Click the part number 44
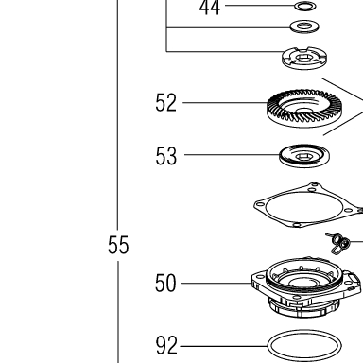(x=210, y=8)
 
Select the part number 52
(x=165, y=103)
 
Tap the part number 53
(x=166, y=156)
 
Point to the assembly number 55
(x=118, y=245)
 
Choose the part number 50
(x=165, y=284)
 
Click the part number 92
(x=166, y=346)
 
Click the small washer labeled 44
(x=304, y=6)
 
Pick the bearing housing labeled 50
(x=305, y=288)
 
